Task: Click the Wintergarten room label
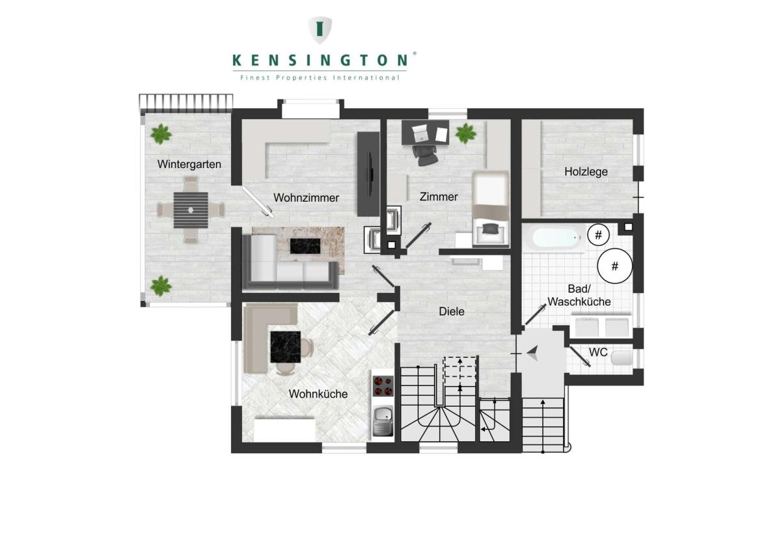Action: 189,164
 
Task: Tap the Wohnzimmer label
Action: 306,198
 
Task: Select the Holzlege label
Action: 586,172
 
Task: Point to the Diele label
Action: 452,311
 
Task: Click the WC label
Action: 598,352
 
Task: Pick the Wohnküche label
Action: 318,394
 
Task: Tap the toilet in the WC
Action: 622,358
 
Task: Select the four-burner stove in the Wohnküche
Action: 383,387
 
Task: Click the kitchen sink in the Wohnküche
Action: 383,422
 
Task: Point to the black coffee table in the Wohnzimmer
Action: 305,246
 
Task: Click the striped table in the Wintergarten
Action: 191,210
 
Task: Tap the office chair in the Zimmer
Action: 425,155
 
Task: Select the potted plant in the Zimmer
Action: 466,133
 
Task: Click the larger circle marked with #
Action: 614,266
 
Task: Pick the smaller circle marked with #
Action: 598,235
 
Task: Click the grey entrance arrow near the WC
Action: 533,353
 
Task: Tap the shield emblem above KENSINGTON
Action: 320,30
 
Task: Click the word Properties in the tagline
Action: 301,77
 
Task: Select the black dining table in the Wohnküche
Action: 286,347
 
